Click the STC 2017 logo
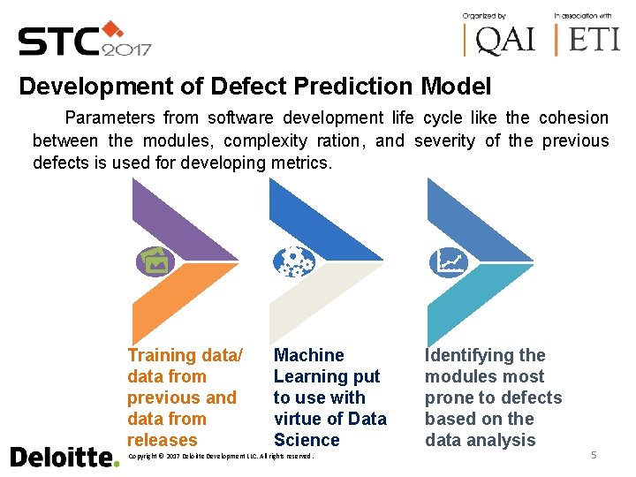(x=85, y=40)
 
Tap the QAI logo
(x=500, y=39)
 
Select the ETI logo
(x=587, y=39)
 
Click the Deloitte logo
(x=64, y=457)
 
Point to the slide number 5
(x=594, y=455)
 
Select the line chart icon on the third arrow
(x=448, y=261)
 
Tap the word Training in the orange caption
(x=162, y=355)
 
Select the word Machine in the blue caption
(x=309, y=355)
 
